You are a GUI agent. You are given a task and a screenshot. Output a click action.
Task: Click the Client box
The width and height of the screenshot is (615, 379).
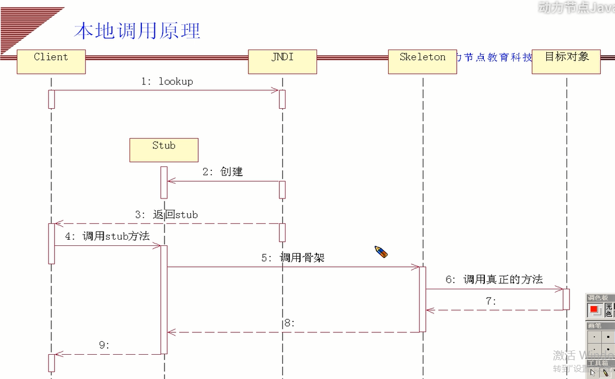[x=51, y=61]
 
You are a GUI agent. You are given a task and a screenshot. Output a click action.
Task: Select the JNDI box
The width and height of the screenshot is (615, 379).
[x=282, y=61]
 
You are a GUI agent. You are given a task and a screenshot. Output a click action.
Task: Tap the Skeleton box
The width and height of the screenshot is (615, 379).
[x=422, y=61]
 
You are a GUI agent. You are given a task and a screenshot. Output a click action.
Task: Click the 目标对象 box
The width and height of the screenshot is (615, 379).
[x=566, y=61]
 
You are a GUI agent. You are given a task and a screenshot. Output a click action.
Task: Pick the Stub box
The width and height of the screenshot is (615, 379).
[x=164, y=150]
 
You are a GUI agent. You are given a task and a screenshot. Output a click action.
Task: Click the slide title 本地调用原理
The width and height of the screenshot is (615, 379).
[x=137, y=30]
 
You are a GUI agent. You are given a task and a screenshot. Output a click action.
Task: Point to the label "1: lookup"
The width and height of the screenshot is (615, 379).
[x=167, y=81]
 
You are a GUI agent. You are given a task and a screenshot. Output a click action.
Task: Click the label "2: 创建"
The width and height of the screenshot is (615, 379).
[x=223, y=172]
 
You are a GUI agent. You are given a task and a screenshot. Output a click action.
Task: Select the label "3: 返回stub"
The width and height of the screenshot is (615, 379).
[x=167, y=214]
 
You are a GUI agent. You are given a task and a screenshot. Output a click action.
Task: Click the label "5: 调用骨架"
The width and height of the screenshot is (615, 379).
[x=292, y=258]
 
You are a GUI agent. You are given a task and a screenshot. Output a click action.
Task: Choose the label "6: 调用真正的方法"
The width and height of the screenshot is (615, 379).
[x=494, y=279]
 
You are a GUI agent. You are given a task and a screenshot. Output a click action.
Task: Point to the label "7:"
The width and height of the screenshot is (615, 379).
[x=491, y=301]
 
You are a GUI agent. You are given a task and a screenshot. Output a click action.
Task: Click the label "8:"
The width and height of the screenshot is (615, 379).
[x=289, y=323]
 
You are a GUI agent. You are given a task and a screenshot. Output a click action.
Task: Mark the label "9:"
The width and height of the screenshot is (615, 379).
[x=105, y=345]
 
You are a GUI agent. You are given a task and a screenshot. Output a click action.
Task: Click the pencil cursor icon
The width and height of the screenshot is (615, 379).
[x=381, y=252]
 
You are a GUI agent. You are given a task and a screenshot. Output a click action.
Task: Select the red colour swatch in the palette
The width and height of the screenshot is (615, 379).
[x=594, y=310]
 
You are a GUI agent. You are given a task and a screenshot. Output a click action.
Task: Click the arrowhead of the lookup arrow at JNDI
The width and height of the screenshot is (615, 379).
[x=276, y=90]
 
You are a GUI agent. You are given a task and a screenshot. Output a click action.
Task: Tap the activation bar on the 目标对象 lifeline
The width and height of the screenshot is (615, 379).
[x=566, y=299]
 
